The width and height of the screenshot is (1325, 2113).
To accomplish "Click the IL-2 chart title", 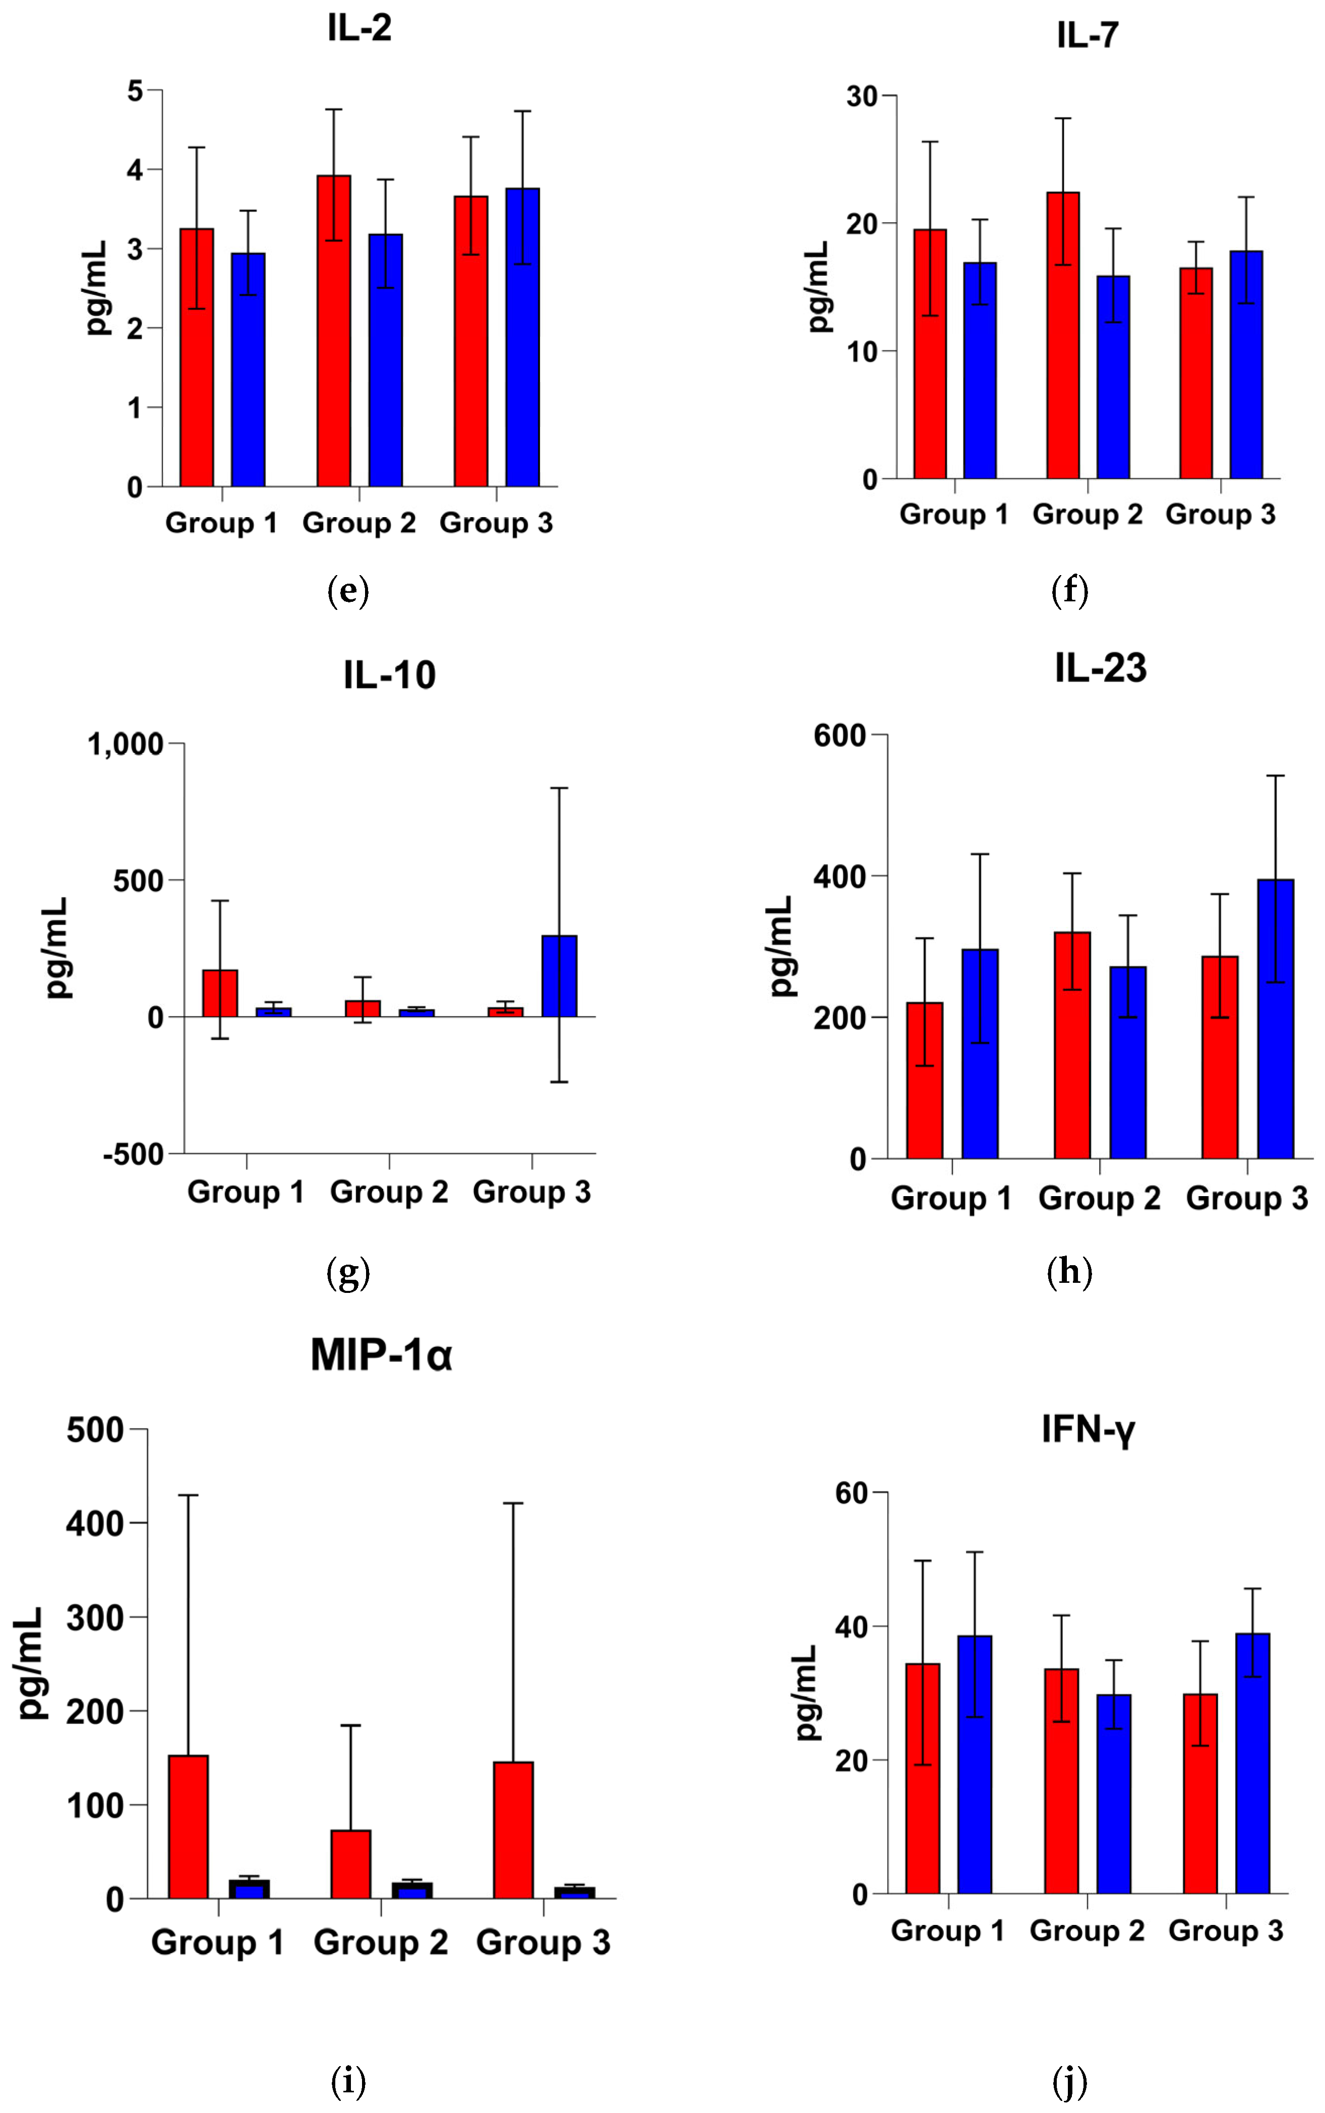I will click(x=359, y=28).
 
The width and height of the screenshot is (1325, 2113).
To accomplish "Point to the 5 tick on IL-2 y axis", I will click(x=135, y=90).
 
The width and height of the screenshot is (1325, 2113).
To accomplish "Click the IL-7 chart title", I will click(x=1088, y=35).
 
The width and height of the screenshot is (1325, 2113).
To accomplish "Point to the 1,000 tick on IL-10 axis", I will click(x=126, y=744).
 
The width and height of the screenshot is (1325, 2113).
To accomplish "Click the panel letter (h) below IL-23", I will click(x=1069, y=1271).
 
